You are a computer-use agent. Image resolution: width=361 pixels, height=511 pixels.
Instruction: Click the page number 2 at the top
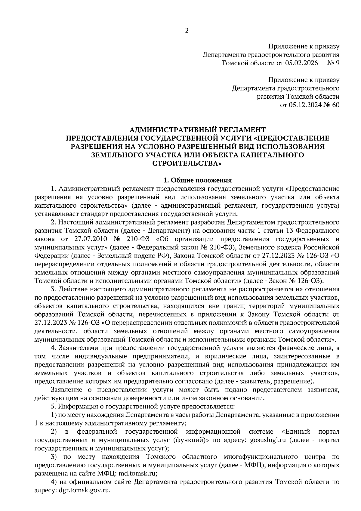[x=187, y=31]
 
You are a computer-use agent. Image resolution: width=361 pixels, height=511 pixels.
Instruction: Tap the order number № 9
[x=333, y=63]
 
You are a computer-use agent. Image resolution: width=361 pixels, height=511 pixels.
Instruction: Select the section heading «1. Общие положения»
[x=197, y=180]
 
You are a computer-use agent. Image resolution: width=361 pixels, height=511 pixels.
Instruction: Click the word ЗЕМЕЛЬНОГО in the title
[x=119, y=155]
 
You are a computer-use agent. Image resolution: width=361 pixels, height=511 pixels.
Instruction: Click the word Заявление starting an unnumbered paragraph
[x=66, y=390]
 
